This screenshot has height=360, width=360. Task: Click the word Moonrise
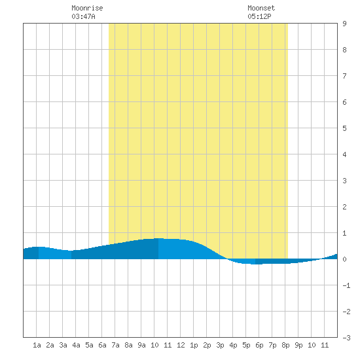pos(87,8)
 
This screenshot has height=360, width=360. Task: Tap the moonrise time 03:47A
pos(83,16)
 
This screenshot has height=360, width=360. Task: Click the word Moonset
pos(261,8)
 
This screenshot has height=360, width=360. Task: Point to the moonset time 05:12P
pos(259,16)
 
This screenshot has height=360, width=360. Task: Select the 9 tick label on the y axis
pos(344,24)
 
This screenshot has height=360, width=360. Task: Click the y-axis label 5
pos(344,128)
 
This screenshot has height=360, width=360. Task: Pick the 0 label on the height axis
pos(344,259)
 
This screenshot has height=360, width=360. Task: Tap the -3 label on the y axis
pos(346,338)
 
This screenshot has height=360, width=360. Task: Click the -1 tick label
pos(346,285)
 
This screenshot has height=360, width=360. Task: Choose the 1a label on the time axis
pos(37,345)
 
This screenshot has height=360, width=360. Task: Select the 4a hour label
pos(76,345)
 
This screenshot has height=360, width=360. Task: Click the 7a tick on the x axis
pos(115,345)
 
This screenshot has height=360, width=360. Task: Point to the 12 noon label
pos(181,345)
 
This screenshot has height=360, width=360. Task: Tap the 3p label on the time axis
pos(220,345)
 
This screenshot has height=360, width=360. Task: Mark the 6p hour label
pos(259,345)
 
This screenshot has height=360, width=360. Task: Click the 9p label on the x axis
pos(298,345)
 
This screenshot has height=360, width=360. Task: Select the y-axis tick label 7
pos(344,76)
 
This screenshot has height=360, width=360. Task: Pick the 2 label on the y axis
pos(344,207)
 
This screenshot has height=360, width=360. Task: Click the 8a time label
pos(128,345)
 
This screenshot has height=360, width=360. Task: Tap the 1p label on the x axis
pos(194,345)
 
